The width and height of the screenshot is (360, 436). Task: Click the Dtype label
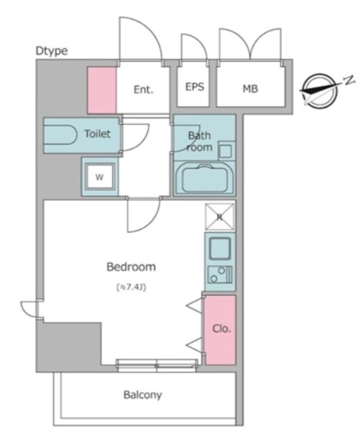tap(52, 51)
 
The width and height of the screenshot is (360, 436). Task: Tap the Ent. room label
tap(143, 89)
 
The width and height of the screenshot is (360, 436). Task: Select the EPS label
tap(194, 87)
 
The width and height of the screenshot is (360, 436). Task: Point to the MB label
tap(251, 89)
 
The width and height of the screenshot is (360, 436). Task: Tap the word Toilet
tap(97, 134)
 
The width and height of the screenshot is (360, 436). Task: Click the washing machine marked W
tap(100, 177)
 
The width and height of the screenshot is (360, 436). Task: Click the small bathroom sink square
tap(225, 151)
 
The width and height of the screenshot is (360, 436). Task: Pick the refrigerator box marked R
tap(219, 217)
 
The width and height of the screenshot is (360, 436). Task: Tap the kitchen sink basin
tap(220, 249)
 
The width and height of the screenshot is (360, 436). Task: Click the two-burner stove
tap(219, 275)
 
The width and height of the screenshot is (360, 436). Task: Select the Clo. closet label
tap(221, 329)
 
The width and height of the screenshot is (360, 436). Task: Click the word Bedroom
tap(131, 267)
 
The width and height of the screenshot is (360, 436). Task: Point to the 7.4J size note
tap(131, 287)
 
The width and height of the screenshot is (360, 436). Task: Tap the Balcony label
tap(143, 395)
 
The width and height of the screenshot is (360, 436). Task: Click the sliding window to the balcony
tap(157, 365)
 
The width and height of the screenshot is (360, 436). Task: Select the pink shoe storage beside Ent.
tap(102, 90)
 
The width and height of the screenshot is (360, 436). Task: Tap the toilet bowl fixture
tap(60, 135)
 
